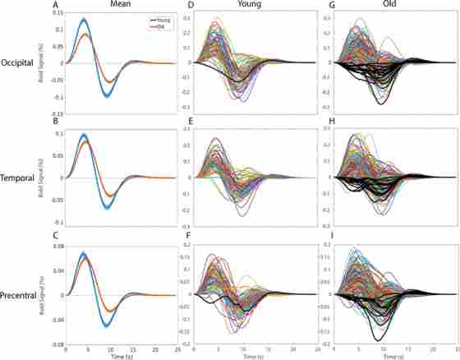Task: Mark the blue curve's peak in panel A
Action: [84, 19]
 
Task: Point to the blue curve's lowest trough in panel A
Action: [107, 96]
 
